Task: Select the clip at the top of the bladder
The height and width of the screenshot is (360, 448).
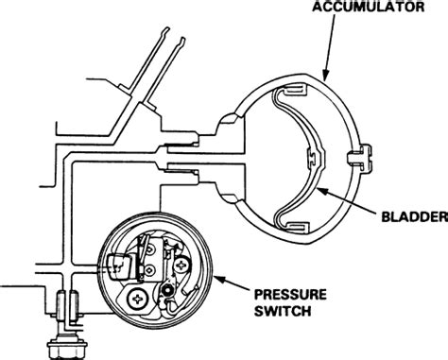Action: (294, 94)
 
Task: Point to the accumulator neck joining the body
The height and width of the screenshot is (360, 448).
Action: (227, 155)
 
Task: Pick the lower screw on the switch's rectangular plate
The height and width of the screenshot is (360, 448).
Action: (149, 270)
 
